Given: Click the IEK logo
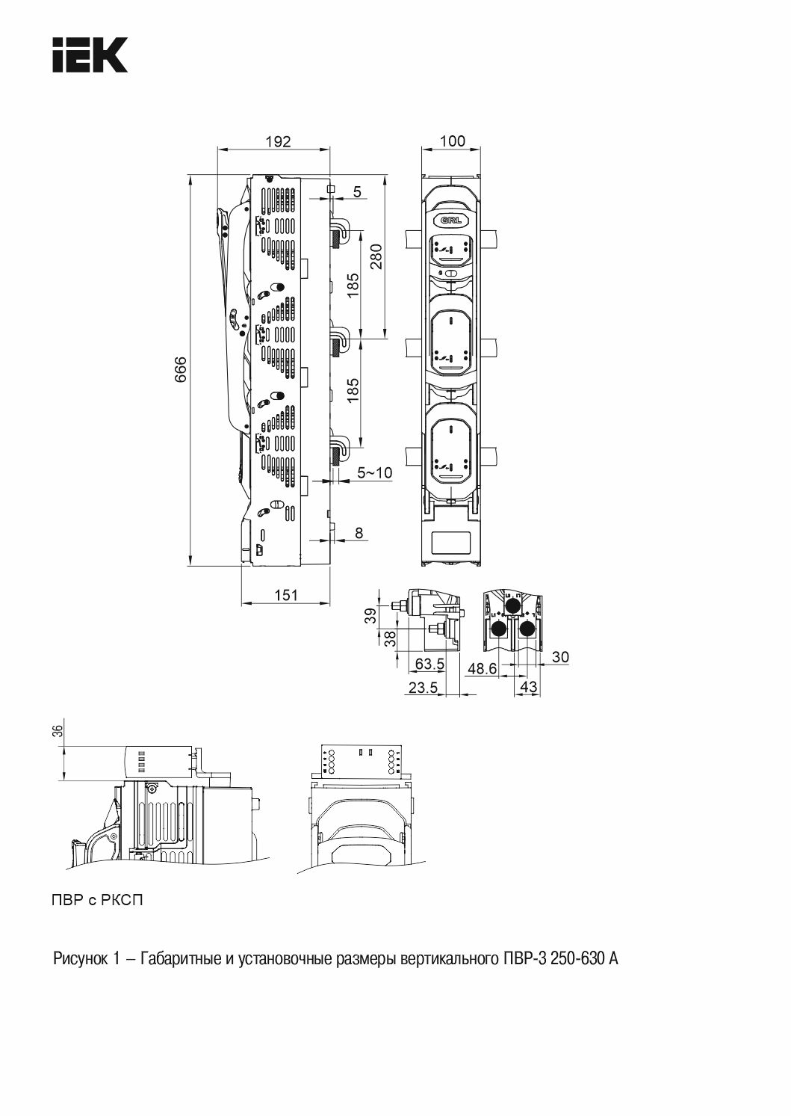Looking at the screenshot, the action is (x=90, y=55).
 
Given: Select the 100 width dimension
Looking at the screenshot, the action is (x=453, y=141).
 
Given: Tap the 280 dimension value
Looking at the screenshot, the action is (x=376, y=256).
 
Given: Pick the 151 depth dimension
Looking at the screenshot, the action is (x=286, y=595).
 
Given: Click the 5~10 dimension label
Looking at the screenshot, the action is (x=374, y=472).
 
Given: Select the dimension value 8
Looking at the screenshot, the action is (x=359, y=533).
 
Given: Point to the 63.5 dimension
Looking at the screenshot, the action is (x=429, y=664).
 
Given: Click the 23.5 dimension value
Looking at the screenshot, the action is (x=423, y=688).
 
